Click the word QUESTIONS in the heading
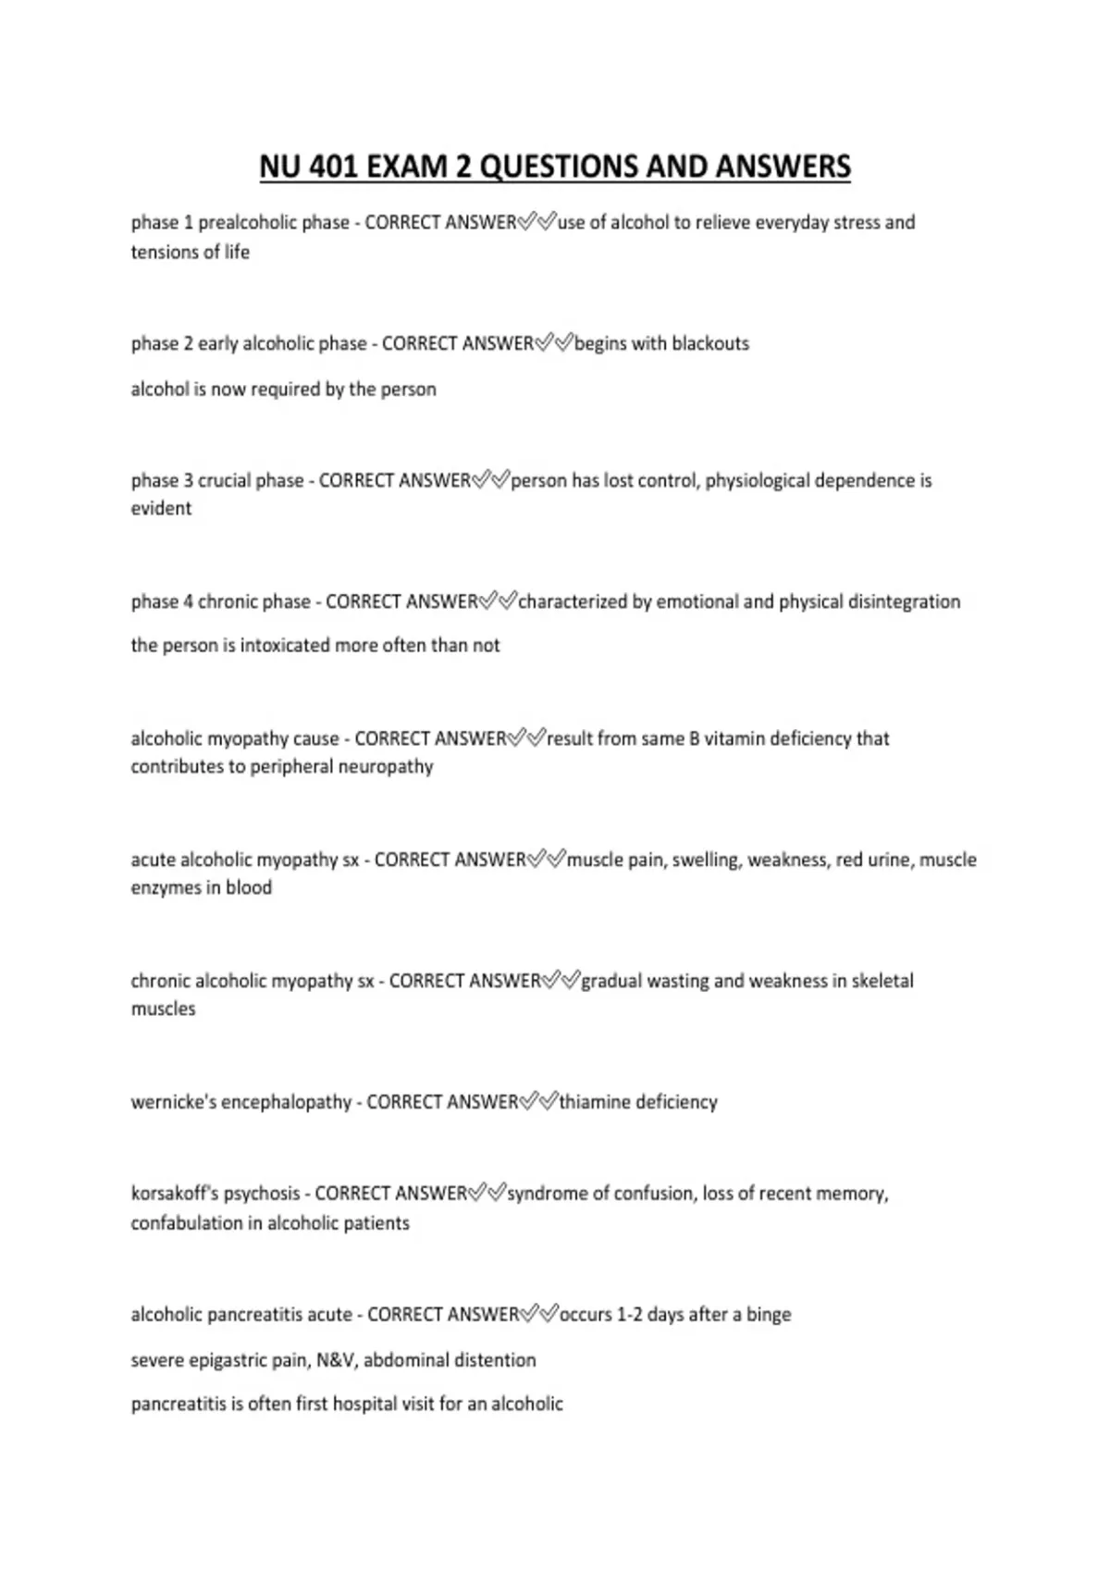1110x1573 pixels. pyautogui.click(x=557, y=167)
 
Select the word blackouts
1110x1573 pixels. pyautogui.click(x=710, y=343)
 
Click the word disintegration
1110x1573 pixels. pyautogui.click(x=904, y=601)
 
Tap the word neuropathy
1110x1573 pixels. pyautogui.click(x=388, y=766)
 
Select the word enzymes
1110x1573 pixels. pyautogui.click(x=164, y=887)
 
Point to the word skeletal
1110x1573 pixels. pyautogui.click(x=882, y=981)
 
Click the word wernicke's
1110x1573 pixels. pyautogui.click(x=172, y=1102)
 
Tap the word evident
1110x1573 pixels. pyautogui.click(x=161, y=508)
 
